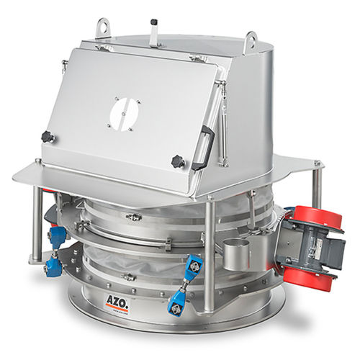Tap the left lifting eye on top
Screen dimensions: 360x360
tap(104, 28)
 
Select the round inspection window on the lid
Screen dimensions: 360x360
tap(124, 114)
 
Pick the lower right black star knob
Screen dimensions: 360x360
tap(178, 161)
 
